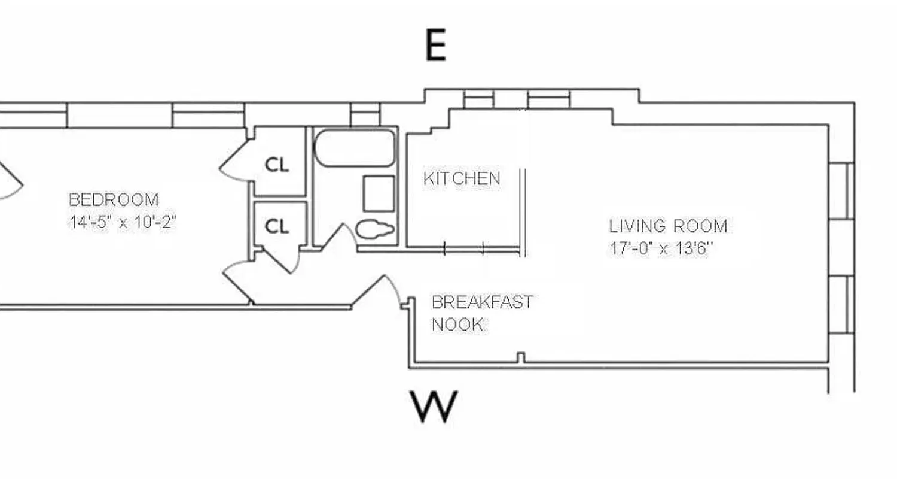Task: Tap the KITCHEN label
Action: (x=461, y=178)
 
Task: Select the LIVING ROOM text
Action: (x=668, y=226)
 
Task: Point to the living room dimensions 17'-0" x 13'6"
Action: (x=661, y=248)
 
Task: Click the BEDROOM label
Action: (x=114, y=199)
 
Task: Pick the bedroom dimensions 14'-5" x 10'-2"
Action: (x=122, y=222)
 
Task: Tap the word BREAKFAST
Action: (x=481, y=302)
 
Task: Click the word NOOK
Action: (x=457, y=325)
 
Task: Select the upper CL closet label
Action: (x=277, y=165)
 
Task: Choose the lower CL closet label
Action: (x=277, y=226)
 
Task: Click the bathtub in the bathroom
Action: (x=355, y=148)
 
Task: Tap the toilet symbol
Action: (x=375, y=229)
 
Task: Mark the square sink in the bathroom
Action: (x=379, y=193)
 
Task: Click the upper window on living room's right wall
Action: (x=841, y=191)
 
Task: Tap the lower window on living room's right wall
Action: (x=841, y=304)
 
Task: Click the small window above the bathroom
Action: (x=365, y=114)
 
